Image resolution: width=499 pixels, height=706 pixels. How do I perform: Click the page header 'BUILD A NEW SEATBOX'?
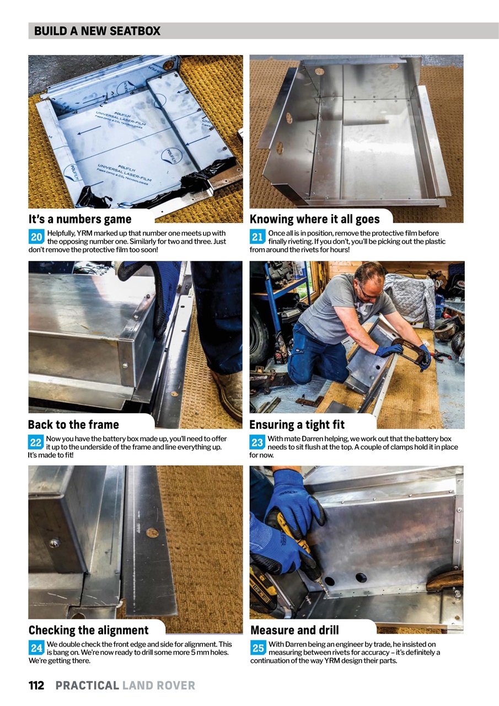point(97,31)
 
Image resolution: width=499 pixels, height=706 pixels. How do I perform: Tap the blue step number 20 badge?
point(36,237)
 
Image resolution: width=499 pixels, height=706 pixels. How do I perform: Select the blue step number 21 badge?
point(257,237)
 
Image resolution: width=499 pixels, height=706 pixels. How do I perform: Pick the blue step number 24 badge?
point(36,648)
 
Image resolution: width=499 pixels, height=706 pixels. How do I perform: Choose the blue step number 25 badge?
point(257,648)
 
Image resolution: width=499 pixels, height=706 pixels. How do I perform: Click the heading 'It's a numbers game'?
point(80,219)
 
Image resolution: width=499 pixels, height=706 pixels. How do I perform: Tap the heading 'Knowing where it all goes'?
point(314,219)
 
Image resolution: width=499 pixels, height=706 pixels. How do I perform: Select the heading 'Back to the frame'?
point(73,424)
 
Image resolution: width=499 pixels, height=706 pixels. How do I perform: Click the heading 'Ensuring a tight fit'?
point(297,424)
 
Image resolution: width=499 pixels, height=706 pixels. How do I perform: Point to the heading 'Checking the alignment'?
point(88,630)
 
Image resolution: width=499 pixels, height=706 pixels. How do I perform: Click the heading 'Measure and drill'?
point(294,630)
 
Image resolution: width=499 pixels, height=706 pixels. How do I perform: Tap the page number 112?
point(36,686)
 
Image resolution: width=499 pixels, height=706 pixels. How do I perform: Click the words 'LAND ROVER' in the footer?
point(159,686)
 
